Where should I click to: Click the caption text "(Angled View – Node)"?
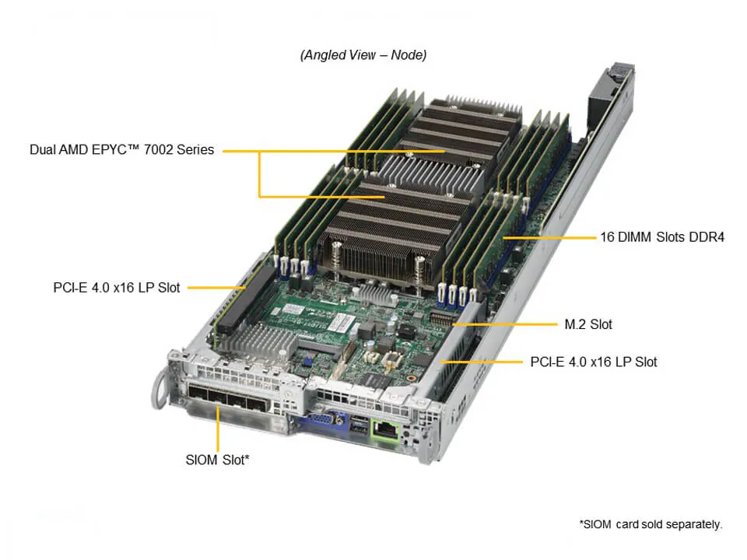363,55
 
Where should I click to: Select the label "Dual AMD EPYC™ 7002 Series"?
122,149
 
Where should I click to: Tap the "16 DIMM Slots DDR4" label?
662,237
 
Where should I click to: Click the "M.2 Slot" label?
588,324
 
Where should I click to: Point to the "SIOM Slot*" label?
217,460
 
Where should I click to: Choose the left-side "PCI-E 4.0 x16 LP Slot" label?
117,288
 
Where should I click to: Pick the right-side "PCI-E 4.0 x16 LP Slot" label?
594,362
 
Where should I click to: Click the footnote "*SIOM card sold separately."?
651,524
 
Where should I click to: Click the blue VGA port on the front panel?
325,421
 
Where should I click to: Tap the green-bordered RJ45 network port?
385,430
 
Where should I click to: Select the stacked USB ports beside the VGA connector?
358,425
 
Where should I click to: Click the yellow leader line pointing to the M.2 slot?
504,324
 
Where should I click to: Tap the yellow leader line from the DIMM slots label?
549,237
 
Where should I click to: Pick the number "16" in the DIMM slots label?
607,237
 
